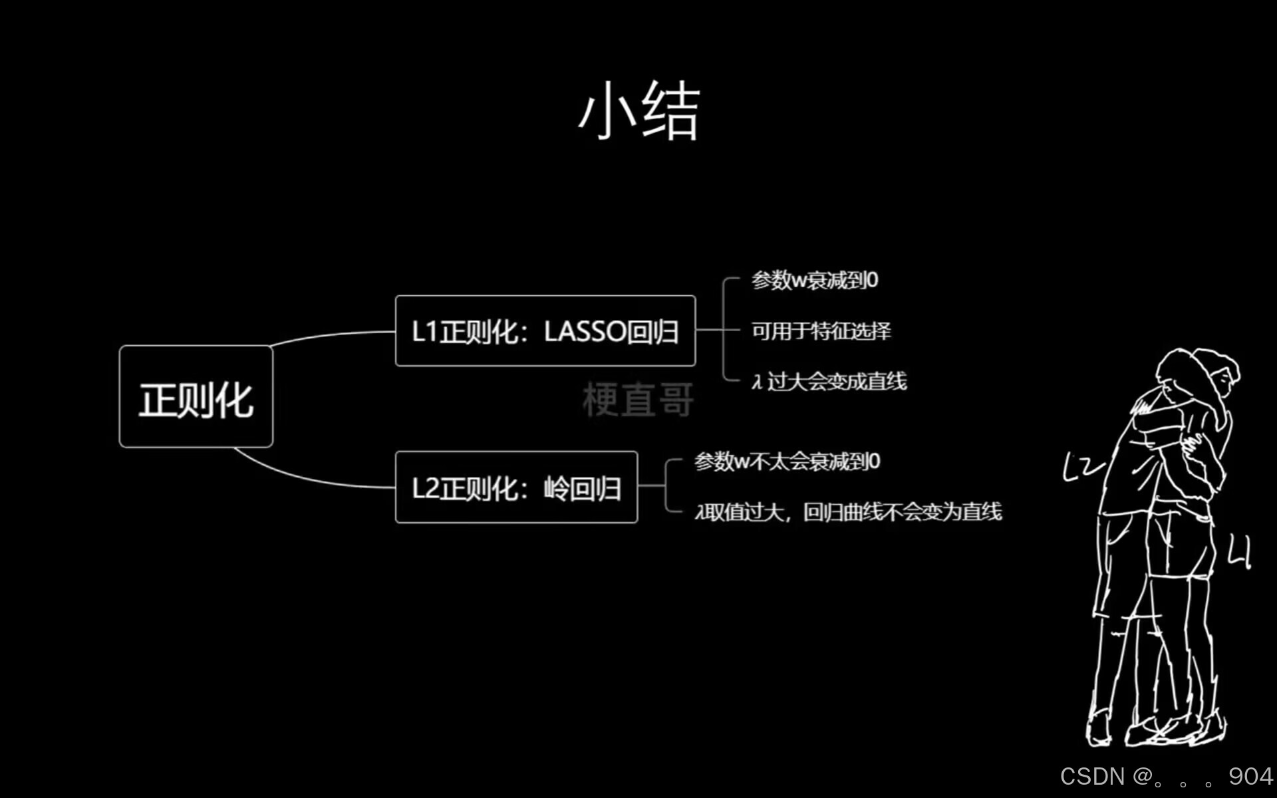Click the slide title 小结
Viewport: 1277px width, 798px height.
point(638,112)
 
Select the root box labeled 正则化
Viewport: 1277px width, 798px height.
point(196,397)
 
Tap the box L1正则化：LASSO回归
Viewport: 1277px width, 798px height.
point(545,331)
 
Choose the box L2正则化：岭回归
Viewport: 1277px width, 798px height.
point(516,488)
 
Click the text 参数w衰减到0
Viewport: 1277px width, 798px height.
point(815,280)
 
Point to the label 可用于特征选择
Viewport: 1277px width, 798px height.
point(821,331)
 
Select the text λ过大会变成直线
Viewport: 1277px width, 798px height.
point(829,381)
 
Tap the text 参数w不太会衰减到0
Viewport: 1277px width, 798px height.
point(787,461)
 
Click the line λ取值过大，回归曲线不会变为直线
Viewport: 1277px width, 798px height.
point(848,511)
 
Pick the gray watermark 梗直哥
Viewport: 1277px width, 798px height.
point(638,400)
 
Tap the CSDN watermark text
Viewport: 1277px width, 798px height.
point(1091,776)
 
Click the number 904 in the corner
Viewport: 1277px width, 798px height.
point(1250,776)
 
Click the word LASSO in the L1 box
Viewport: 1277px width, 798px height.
point(585,331)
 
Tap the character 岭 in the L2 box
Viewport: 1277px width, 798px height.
point(556,489)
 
